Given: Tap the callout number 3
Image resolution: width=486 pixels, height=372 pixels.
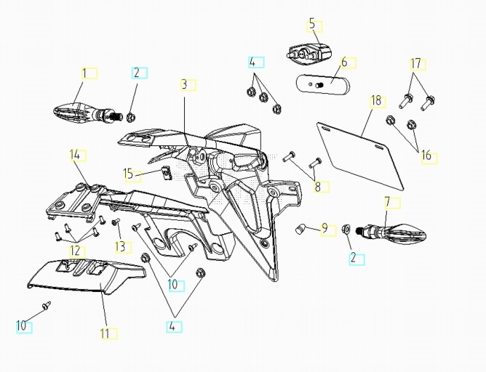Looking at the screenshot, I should point(184,85).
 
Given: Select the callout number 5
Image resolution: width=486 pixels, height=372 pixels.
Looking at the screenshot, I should point(312,25).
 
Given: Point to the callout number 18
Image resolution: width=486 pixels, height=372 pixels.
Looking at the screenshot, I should point(376,100).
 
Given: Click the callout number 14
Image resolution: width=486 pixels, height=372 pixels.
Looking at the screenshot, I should point(73,154).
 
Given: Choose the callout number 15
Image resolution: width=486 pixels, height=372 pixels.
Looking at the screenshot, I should point(128,174).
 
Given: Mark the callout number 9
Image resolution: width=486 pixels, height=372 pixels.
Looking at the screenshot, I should point(324,229).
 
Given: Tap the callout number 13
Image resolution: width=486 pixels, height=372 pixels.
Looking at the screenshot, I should point(119,247).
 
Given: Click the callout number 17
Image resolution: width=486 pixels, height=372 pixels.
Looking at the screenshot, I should point(416,64).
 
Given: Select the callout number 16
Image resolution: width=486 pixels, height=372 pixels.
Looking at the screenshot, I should point(426,155).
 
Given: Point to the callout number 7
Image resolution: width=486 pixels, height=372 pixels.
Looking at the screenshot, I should point(387,201).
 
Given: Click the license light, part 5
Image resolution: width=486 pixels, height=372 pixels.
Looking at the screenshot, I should point(309,52).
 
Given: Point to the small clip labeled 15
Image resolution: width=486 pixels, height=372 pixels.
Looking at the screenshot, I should point(165,172).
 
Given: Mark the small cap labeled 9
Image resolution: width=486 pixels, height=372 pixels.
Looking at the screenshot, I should point(298,230).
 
